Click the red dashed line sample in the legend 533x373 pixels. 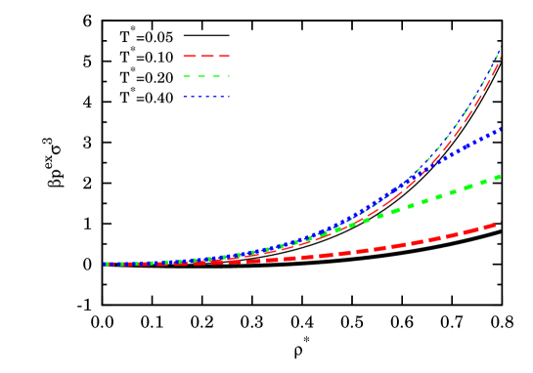205,56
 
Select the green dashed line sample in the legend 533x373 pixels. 205,76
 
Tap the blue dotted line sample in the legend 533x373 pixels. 205,97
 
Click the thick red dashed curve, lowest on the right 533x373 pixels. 411,243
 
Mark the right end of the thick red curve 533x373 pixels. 500,223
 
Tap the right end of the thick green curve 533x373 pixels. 500,176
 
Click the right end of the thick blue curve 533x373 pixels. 500,128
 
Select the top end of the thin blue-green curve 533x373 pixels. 500,50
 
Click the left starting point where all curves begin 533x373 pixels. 105,264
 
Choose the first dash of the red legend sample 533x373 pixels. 190,56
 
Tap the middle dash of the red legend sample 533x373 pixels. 206,56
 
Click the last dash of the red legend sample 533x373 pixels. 223,56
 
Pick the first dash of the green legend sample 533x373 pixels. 186,76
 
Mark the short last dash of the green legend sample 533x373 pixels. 228,76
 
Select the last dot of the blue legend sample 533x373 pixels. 228,97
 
